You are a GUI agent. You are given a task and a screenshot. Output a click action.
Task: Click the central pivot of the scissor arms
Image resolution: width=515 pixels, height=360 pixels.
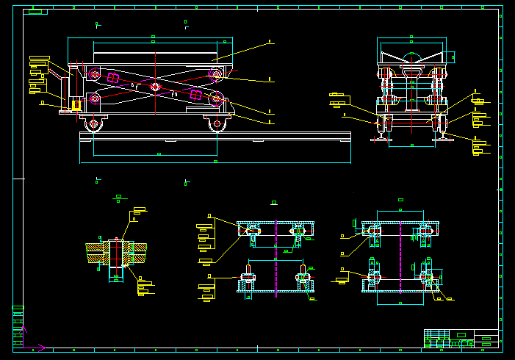pyautogui.click(x=155, y=87)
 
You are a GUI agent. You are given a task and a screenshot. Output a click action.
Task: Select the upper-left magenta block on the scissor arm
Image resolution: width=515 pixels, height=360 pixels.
pyautogui.click(x=112, y=77)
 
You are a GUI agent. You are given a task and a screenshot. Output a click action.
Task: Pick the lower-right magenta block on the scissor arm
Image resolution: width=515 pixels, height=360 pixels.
pyautogui.click(x=195, y=95)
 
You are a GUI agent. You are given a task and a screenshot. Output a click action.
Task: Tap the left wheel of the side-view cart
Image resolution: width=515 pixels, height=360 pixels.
pyautogui.click(x=93, y=124)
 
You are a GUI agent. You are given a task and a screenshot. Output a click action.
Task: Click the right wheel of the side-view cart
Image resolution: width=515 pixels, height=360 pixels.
pyautogui.click(x=217, y=124)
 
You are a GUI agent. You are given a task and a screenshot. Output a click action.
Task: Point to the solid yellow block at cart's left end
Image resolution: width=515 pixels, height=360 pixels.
pyautogui.click(x=76, y=106)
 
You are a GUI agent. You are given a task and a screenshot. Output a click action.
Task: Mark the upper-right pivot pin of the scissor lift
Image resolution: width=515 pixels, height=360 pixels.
pyautogui.click(x=215, y=73)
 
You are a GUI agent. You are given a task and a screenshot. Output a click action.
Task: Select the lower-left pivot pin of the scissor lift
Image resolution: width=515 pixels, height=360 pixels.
pyautogui.click(x=94, y=98)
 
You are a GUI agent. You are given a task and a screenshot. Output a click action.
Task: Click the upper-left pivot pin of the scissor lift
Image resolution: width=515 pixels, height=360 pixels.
pyautogui.click(x=94, y=73)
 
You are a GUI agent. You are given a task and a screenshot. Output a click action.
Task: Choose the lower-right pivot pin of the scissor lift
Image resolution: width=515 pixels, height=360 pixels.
pyautogui.click(x=217, y=99)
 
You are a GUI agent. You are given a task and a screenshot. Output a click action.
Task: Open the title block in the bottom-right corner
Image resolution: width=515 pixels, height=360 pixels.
pyautogui.click(x=461, y=338)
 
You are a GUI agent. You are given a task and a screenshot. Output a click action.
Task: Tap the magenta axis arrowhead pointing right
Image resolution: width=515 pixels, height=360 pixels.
pyautogui.click(x=42, y=348)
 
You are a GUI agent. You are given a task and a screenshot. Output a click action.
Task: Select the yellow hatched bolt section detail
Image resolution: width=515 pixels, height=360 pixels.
pyautogui.click(x=115, y=252)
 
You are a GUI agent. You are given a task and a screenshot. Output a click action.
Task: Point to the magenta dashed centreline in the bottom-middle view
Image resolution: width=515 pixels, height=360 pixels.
pyautogui.click(x=276, y=257)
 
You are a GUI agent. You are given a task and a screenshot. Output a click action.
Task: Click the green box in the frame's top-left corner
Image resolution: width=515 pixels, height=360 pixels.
pyautogui.click(x=35, y=12)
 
